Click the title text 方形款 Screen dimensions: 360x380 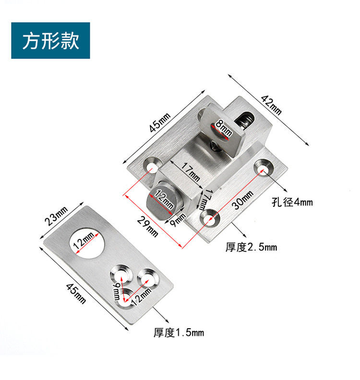pos(50,41)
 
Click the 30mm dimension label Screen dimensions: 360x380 pos(242,200)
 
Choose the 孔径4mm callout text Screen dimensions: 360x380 pos(293,202)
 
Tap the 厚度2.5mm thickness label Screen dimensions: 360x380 pos(251,247)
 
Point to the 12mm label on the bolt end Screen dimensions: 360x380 pos(163,199)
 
